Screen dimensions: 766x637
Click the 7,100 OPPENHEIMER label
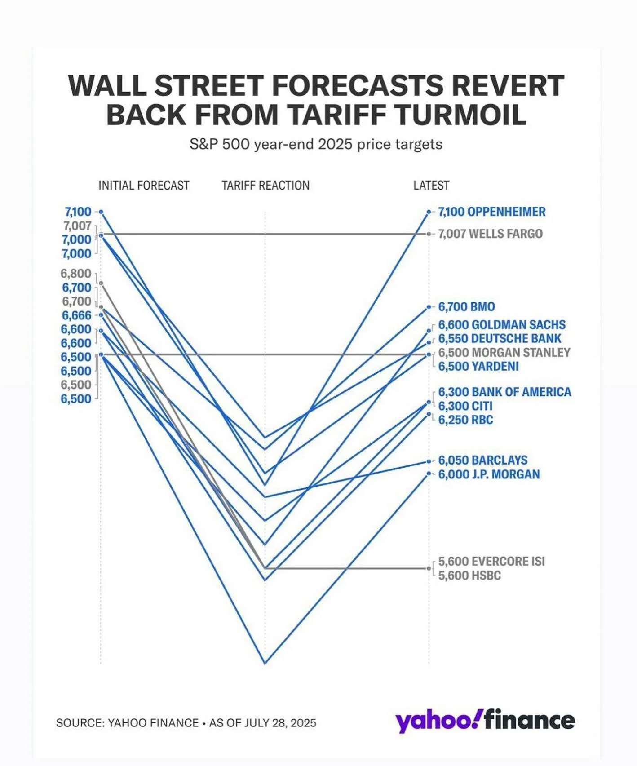coord(491,212)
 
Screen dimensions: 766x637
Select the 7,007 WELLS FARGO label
coord(490,234)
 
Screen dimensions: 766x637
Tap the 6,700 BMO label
coord(466,307)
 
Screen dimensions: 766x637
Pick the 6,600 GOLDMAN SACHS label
coord(501,325)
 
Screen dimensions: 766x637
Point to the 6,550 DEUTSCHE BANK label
coord(500,339)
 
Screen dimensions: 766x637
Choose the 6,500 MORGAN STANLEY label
coord(504,353)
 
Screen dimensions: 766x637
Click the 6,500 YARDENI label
coord(478,367)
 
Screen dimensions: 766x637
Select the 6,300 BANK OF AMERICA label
coord(504,392)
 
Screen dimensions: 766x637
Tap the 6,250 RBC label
coord(465,420)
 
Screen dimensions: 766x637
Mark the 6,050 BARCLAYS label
coord(482,460)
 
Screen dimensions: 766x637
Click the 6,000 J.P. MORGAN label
coord(489,474)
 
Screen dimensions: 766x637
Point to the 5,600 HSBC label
coord(469,576)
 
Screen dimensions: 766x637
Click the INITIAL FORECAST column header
coord(144,186)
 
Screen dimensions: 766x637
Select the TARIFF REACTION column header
coord(265,186)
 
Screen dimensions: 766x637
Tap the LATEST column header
coord(431,186)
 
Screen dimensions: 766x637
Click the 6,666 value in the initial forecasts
coord(76,315)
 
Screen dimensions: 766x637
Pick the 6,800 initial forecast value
coord(76,274)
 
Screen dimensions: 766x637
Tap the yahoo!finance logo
coord(485,721)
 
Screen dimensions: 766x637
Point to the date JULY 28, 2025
coord(280,723)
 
